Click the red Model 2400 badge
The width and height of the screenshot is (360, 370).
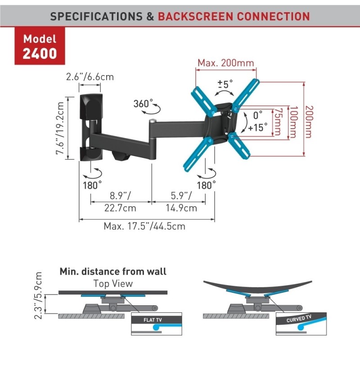click(40, 46)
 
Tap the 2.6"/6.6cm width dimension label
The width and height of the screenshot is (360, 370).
click(90, 77)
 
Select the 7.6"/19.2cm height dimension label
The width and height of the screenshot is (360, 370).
click(60, 129)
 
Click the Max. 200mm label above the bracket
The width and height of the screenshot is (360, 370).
click(226, 63)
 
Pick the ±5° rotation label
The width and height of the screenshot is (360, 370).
click(225, 84)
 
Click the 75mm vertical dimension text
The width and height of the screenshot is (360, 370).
click(278, 122)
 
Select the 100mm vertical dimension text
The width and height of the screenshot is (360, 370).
click(293, 122)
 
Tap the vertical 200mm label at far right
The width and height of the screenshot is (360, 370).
click(309, 122)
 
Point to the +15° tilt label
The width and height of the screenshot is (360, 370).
click(257, 127)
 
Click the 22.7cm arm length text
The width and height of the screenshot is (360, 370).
click(120, 208)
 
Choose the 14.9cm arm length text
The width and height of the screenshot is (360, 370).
click(181, 208)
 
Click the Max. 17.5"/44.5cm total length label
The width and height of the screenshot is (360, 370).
click(144, 226)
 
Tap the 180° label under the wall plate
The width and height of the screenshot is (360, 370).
click(92, 185)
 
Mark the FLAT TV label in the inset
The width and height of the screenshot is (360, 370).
click(153, 320)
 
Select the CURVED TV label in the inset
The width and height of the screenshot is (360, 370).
click(299, 319)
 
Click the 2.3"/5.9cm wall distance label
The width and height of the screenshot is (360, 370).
click(38, 296)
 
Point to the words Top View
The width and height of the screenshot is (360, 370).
click(113, 283)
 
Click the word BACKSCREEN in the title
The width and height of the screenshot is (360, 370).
click(196, 17)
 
